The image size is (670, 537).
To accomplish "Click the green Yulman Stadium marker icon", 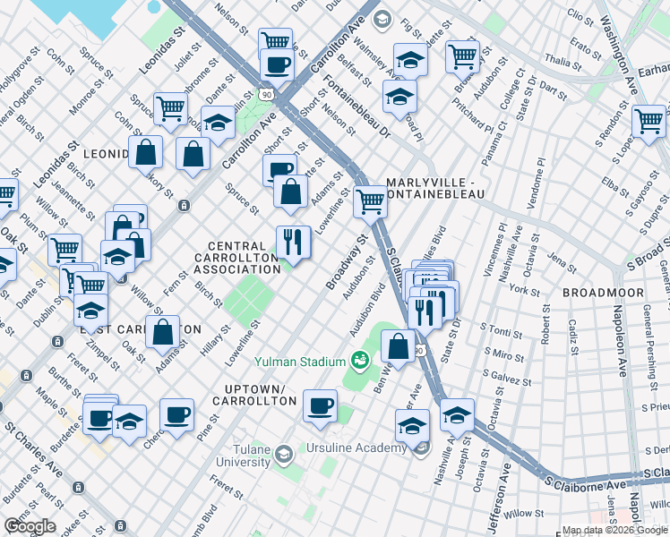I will click(x=360, y=361).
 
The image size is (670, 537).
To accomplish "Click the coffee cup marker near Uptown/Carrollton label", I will click(x=320, y=405).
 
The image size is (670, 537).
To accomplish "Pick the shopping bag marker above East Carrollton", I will click(x=164, y=333).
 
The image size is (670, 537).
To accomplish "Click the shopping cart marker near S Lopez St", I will click(x=648, y=121).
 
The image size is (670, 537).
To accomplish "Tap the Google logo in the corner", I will click(x=30, y=526).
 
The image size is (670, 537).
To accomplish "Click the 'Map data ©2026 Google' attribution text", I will click(x=614, y=530).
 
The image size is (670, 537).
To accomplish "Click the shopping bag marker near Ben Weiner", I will click(x=398, y=345).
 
